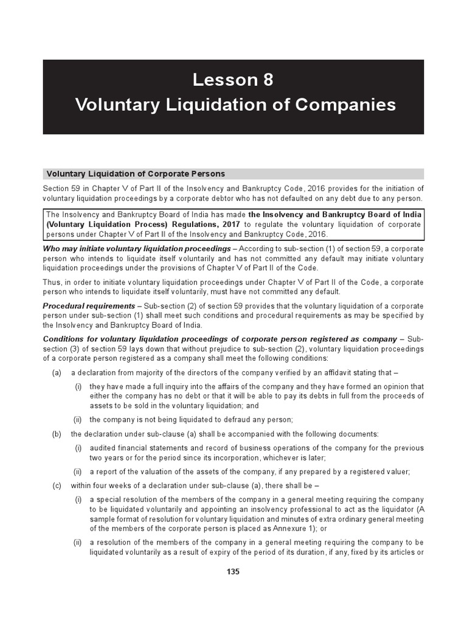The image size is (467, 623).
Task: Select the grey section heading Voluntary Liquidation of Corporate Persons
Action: [x=136, y=173]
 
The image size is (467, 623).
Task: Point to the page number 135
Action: [x=233, y=571]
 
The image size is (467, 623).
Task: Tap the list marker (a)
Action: [x=56, y=373]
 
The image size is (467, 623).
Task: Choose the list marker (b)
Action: [x=56, y=434]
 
